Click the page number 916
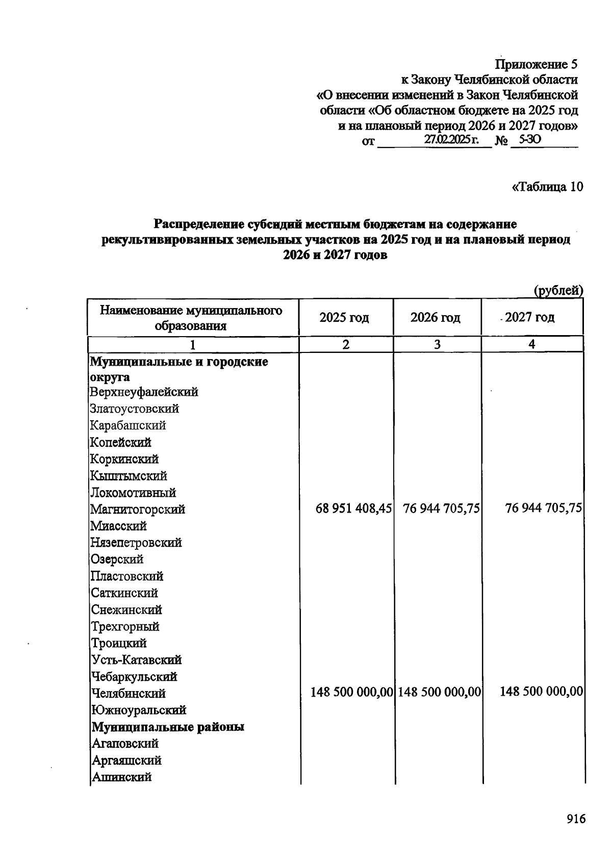pos(576,819)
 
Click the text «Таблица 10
pos(547,187)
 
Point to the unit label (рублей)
pos(558,291)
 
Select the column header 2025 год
pos(344,318)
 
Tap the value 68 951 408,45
pos(353,508)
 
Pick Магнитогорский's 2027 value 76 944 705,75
pos(543,508)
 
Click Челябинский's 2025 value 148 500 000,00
pos(351,692)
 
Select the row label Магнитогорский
pos(138,509)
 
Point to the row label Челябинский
pos(128,693)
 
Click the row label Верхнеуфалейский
pos(144,392)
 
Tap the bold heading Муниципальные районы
pos(167,727)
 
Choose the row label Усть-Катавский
pos(136,660)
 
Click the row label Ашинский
pos(121,777)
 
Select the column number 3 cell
pos(437,345)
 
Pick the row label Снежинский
pos(126,609)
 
